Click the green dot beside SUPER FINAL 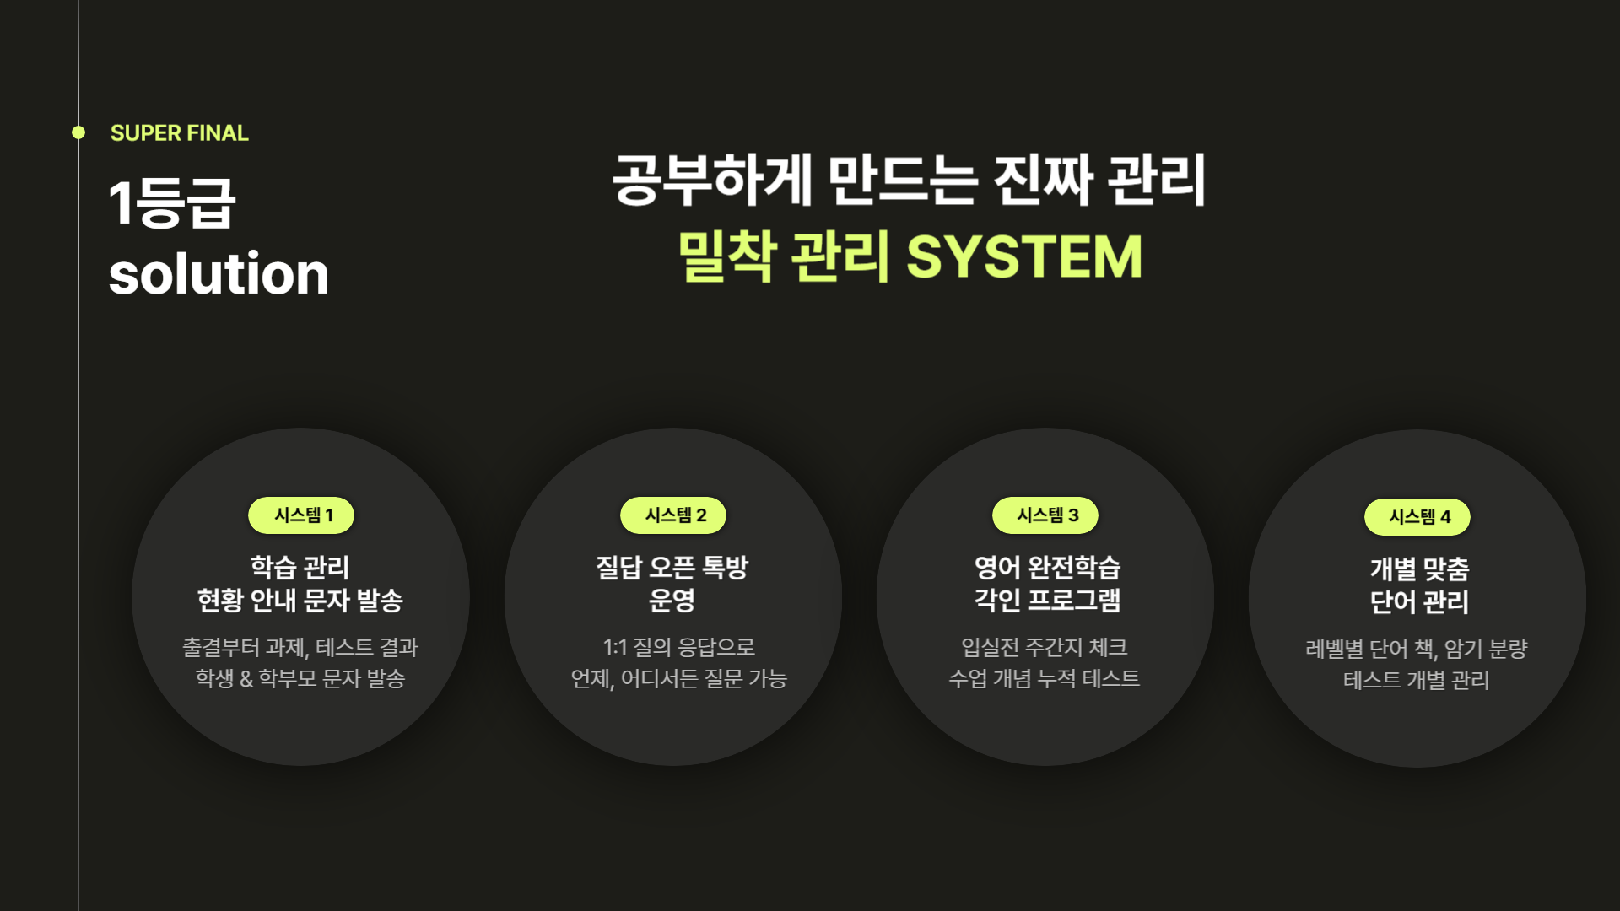pos(78,132)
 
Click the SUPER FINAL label pos(179,133)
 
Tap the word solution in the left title pos(219,274)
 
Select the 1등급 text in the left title pos(172,203)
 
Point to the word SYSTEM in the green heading pos(1024,257)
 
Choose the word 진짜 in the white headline pos(1043,180)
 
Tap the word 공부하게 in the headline pos(711,180)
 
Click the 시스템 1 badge pos(301,515)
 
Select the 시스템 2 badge pos(673,515)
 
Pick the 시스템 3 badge pos(1045,515)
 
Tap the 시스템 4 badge pos(1417,517)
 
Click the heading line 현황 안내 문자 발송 pos(300,601)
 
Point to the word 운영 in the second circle pos(672,601)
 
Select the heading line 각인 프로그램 pos(1047,601)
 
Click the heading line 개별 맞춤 pos(1419,569)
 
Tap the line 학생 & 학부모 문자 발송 pos(300,679)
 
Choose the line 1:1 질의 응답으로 pos(678,648)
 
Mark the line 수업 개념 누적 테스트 pos(1045,679)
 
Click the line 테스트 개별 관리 pos(1417,681)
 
